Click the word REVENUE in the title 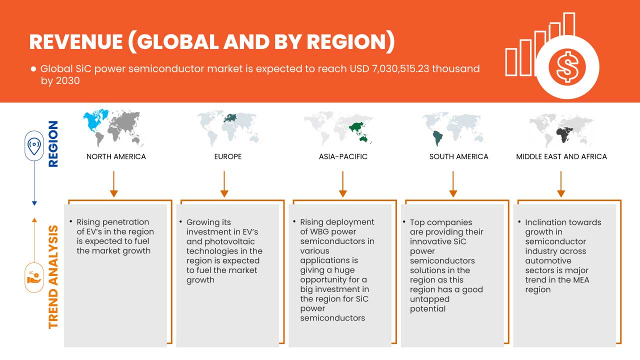pos(75,42)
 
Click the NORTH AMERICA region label pos(116,156)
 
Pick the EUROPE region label pos(227,156)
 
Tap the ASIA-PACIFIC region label pos(343,156)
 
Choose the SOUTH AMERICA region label pos(458,156)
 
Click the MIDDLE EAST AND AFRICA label pos(561,156)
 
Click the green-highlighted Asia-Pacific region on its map pos(358,129)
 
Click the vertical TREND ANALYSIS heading pos(53,276)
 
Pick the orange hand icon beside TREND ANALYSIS pos(34,277)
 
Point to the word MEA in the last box pos(581,280)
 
